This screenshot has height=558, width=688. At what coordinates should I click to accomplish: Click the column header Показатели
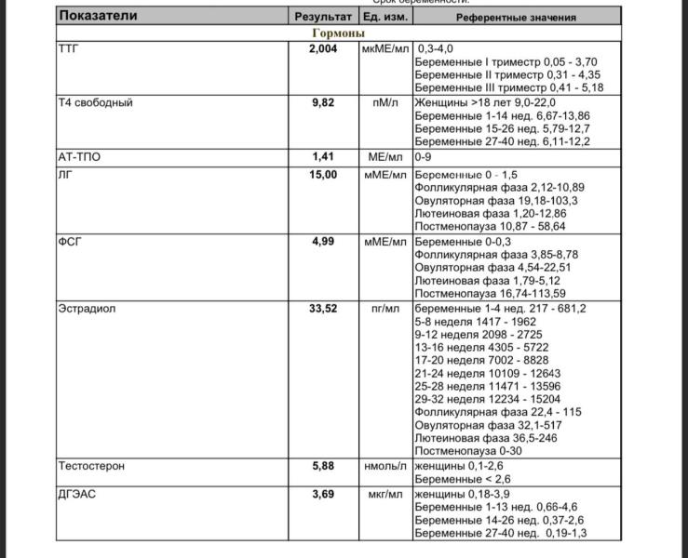pyautogui.click(x=97, y=17)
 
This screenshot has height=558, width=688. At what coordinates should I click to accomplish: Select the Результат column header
pyautogui.click(x=323, y=17)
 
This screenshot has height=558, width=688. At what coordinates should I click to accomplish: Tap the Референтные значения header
pyautogui.click(x=516, y=17)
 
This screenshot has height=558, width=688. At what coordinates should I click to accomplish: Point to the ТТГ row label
pyautogui.click(x=69, y=48)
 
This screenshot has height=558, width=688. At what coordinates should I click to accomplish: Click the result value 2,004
pyautogui.click(x=323, y=48)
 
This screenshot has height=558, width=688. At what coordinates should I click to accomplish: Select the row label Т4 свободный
pyautogui.click(x=95, y=102)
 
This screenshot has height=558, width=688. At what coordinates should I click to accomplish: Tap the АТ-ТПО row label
pyautogui.click(x=79, y=157)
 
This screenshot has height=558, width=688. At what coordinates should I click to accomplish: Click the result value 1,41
pyautogui.click(x=323, y=157)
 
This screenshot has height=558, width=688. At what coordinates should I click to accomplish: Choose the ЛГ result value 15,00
pyautogui.click(x=323, y=174)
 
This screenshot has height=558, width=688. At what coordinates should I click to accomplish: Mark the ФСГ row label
pyautogui.click(x=70, y=241)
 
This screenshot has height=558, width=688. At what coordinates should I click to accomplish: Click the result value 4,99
pyautogui.click(x=323, y=241)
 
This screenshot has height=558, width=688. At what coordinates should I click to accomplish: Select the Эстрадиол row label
pyautogui.click(x=87, y=308)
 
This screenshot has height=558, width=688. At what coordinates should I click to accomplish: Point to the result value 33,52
pyautogui.click(x=323, y=308)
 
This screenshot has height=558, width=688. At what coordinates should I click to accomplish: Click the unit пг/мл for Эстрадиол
pyautogui.click(x=384, y=308)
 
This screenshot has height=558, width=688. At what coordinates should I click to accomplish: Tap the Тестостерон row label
pyautogui.click(x=91, y=465)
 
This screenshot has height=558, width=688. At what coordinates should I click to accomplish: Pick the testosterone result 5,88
pyautogui.click(x=323, y=465)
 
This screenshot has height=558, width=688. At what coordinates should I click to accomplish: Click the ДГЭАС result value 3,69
pyautogui.click(x=323, y=494)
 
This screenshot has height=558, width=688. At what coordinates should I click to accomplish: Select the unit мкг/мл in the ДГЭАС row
pyautogui.click(x=384, y=494)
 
